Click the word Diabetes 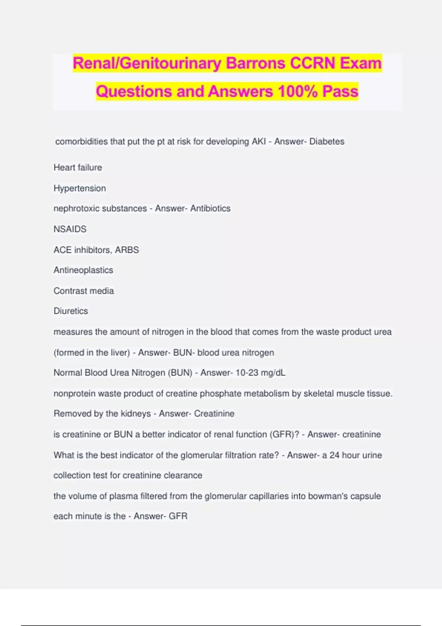[x=327, y=142]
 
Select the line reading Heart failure [x=78, y=168]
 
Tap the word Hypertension [x=80, y=189]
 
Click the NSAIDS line [x=70, y=229]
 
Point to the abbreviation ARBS [x=127, y=250]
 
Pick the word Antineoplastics [x=83, y=270]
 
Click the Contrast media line [x=84, y=291]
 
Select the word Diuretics [x=71, y=311]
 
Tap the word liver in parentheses [x=118, y=353]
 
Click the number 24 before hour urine [x=334, y=455]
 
